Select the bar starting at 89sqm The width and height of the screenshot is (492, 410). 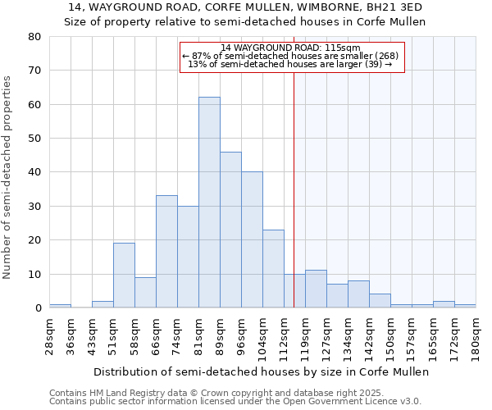click(230, 230)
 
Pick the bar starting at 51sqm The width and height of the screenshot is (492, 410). click(124, 276)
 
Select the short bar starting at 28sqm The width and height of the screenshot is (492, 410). click(60, 306)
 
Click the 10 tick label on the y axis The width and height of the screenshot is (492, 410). click(34, 275)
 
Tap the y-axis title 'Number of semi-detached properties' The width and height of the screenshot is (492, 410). click(8, 176)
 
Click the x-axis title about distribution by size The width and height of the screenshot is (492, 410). click(261, 371)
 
